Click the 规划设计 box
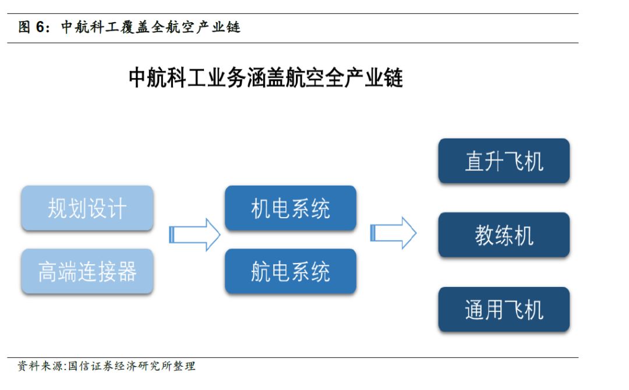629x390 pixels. point(87,208)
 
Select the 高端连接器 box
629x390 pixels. point(87,271)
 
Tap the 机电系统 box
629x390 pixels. point(291,208)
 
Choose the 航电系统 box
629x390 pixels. point(291,271)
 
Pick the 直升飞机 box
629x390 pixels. point(504,161)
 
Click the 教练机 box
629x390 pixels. point(504,235)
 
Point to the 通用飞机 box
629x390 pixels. point(504,310)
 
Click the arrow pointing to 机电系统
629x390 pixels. point(195,235)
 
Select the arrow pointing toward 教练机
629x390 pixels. point(393,233)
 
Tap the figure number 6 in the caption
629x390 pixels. point(40,27)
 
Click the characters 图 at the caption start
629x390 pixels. point(24,27)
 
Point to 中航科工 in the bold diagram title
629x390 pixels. point(168,77)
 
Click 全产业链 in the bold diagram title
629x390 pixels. point(364,77)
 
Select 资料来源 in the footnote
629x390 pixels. point(40,366)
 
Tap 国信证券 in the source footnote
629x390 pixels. point(91,366)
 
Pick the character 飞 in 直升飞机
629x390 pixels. point(514,162)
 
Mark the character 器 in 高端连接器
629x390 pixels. point(127,272)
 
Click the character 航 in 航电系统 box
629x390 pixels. point(261,272)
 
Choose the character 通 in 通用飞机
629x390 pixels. point(475,310)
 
